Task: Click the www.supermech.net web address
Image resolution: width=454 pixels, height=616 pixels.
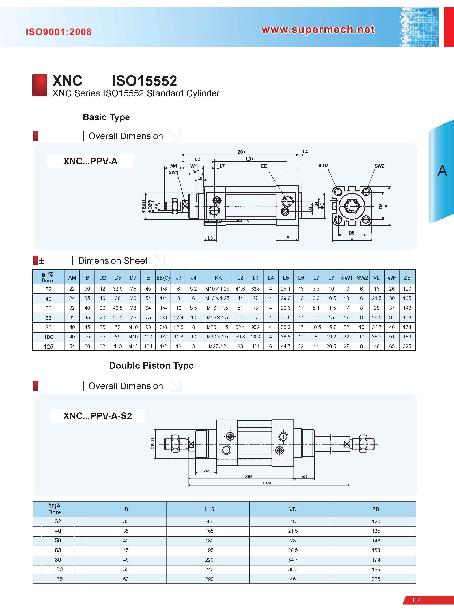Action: pyautogui.click(x=318, y=30)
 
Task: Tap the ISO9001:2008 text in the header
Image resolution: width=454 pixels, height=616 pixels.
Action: pyautogui.click(x=59, y=32)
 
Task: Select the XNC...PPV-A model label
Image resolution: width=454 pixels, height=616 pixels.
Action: pyautogui.click(x=90, y=161)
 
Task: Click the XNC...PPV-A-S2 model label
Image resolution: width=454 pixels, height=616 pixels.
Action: pyautogui.click(x=98, y=416)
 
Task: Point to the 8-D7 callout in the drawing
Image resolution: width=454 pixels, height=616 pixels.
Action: pyautogui.click(x=323, y=166)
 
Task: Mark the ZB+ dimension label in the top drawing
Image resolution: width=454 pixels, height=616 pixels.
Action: pyautogui.click(x=242, y=152)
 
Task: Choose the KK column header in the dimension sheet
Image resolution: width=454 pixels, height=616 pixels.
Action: pyautogui.click(x=218, y=278)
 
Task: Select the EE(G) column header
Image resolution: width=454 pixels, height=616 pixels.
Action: pyautogui.click(x=163, y=278)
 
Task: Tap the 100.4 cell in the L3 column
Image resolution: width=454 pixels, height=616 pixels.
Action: pyautogui.click(x=255, y=337)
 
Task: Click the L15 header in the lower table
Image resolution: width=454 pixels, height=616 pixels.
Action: pyautogui.click(x=209, y=509)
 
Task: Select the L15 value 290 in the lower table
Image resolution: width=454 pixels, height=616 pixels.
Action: pyautogui.click(x=209, y=579)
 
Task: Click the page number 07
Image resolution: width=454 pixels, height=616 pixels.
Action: pyautogui.click(x=416, y=600)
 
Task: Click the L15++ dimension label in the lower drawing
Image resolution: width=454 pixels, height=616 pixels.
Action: pyautogui.click(x=268, y=483)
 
